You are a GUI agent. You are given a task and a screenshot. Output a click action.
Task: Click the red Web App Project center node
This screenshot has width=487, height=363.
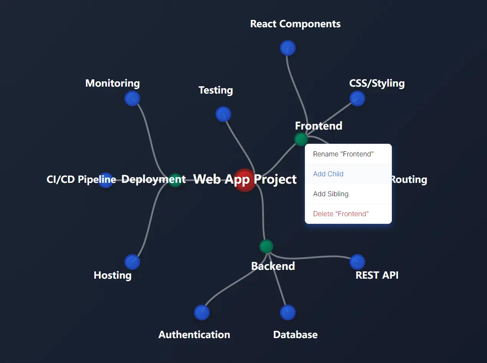(x=245, y=180)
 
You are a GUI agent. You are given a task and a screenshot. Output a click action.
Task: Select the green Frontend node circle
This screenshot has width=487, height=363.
(x=301, y=139)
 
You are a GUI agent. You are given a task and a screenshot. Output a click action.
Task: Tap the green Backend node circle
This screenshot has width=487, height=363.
(x=266, y=246)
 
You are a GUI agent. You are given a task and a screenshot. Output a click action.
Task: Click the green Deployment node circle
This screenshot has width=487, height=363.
(x=175, y=180)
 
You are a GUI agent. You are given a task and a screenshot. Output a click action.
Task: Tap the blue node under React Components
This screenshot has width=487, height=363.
(x=288, y=48)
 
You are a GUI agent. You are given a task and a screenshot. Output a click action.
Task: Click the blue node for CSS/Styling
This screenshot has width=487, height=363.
(x=357, y=99)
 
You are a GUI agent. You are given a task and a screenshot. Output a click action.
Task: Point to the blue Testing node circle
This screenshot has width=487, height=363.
(x=223, y=114)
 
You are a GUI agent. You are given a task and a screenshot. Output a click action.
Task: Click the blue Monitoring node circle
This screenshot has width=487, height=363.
(x=132, y=99)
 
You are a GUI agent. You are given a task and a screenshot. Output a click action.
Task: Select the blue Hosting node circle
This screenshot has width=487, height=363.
(x=132, y=262)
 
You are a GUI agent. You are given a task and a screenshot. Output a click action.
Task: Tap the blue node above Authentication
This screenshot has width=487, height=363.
(x=202, y=312)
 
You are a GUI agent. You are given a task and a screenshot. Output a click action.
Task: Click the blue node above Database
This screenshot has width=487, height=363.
(x=288, y=312)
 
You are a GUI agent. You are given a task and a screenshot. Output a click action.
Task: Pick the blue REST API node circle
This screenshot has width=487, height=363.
(x=357, y=262)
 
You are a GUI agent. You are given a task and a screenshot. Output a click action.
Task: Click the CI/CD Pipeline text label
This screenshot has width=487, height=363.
(x=81, y=179)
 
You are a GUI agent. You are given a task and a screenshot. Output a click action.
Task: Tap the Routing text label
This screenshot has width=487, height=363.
(x=409, y=179)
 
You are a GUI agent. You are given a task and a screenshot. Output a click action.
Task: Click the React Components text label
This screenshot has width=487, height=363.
(x=295, y=24)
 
